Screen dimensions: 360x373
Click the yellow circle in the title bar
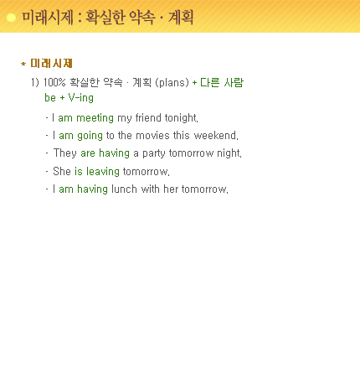pos(11,18)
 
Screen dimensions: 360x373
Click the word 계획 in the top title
pos(181,18)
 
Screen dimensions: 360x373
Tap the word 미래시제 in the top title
pos(48,18)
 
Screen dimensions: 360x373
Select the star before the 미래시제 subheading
pos(23,64)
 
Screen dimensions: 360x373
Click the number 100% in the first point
pos(54,82)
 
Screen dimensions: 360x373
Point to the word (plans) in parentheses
pos(172,83)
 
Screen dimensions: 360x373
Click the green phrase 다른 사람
pos(222,82)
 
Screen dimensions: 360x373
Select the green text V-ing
pos(81,98)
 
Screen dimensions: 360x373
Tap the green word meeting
pos(95,118)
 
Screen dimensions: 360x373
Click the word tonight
pos(181,118)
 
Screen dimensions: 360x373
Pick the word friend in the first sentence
pos(148,118)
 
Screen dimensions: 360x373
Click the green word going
pos(90,136)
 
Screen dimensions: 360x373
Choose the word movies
pos(152,136)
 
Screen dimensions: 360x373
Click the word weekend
pos(216,136)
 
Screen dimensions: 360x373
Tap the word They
pos(65,153)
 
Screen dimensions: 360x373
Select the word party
pos(154,153)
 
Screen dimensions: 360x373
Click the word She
pos(62,171)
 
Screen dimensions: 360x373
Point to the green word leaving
pos(103,172)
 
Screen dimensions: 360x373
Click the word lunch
pos(124,189)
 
